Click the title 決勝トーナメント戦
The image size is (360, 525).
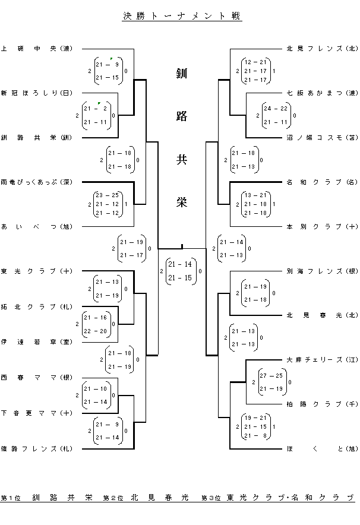click(x=181, y=17)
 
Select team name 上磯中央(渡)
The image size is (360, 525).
click(x=36, y=49)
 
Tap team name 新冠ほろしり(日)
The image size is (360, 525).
click(x=36, y=93)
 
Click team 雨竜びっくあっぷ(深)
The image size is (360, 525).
click(x=36, y=182)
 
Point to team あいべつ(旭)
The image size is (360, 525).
click(x=36, y=226)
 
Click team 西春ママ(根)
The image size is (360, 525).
click(x=36, y=377)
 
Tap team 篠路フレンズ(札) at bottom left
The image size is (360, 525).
click(x=36, y=448)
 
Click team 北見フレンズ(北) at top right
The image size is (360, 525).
click(x=321, y=49)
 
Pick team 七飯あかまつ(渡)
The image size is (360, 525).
click(x=321, y=93)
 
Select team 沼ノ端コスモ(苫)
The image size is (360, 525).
click(x=321, y=137)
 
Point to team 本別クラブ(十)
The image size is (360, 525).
click(x=321, y=226)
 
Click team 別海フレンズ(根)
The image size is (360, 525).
click(x=321, y=271)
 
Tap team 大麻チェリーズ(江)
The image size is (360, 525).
click(x=321, y=359)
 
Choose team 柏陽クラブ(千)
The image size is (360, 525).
click(x=321, y=404)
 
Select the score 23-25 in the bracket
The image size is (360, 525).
click(x=107, y=195)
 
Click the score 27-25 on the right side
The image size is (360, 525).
click(x=270, y=376)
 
